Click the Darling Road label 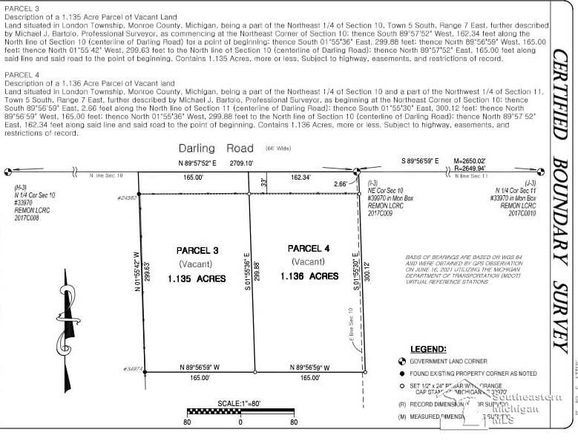(216, 148)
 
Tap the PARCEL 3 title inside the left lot (197, 250)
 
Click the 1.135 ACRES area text (197, 279)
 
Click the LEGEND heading (428, 348)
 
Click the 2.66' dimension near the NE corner (341, 183)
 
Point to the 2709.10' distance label (242, 162)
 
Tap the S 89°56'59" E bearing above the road (421, 160)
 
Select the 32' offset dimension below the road (263, 181)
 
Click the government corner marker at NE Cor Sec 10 (356, 171)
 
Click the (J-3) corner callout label (530, 183)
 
